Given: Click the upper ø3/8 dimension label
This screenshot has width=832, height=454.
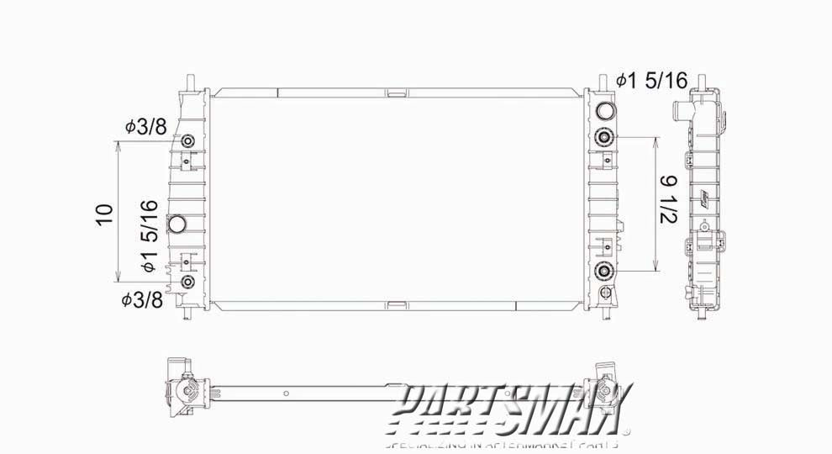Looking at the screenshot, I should (145, 126).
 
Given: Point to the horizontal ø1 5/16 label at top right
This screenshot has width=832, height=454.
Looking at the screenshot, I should (650, 81).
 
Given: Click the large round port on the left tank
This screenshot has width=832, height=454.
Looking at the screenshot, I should (178, 224).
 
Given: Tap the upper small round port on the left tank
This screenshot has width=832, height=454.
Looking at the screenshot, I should (187, 140).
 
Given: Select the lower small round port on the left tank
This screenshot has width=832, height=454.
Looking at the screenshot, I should (187, 282).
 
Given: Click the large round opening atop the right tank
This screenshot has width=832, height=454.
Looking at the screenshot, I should (604, 111).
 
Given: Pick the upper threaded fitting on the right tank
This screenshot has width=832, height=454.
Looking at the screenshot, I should (604, 138).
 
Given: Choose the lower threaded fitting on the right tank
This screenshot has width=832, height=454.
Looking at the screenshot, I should (604, 271).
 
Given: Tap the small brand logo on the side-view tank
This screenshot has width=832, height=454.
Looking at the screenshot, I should (704, 198).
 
